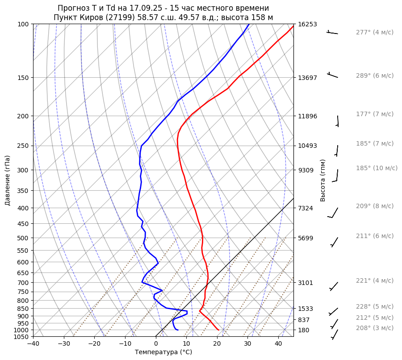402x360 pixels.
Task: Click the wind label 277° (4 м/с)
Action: [374, 32]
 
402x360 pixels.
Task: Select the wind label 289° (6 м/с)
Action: [374, 75]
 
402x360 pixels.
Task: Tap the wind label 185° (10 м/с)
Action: [376, 168]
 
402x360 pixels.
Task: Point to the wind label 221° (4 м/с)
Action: [374, 280]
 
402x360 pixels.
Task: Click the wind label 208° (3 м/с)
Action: [374, 328]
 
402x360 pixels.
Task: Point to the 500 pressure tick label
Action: [24, 238]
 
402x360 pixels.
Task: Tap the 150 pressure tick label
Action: [24, 78]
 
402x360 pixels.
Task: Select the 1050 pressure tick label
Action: [22, 337]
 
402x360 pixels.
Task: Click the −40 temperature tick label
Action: [33, 344]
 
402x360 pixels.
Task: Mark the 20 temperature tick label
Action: [217, 344]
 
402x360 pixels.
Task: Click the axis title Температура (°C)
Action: [163, 352]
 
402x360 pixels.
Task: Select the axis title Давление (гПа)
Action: [8, 180]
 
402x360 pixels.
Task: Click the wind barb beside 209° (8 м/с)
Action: [333, 213]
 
